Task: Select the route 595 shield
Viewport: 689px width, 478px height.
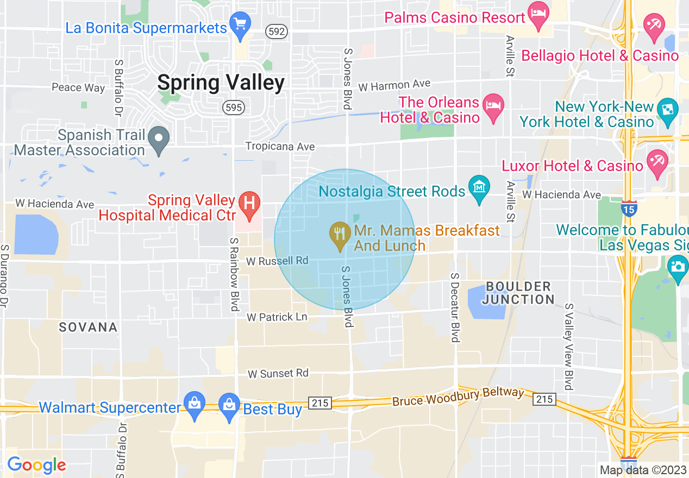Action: tap(234, 108)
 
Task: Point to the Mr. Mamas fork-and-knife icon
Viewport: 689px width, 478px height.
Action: tap(340, 234)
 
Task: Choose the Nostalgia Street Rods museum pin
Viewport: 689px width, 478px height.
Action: tap(479, 188)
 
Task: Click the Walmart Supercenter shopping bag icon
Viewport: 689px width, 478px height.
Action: tap(194, 403)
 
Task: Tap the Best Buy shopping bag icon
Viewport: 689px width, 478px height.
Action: tap(229, 405)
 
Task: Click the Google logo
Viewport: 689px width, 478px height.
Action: tap(36, 465)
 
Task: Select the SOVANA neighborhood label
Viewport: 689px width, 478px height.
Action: tap(88, 327)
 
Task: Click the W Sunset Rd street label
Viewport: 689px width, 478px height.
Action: tap(278, 374)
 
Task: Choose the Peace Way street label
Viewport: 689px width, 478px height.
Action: tap(78, 87)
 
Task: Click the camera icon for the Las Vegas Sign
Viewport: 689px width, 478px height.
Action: tap(678, 266)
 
